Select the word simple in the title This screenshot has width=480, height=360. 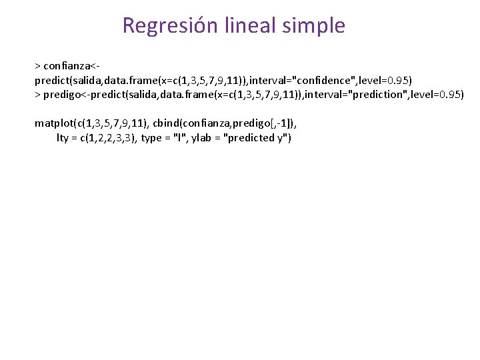point(314,26)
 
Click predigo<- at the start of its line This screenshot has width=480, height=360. point(69,95)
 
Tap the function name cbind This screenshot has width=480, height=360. point(168,123)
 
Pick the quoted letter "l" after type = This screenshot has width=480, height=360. point(179,138)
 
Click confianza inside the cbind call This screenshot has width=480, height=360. point(206,123)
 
